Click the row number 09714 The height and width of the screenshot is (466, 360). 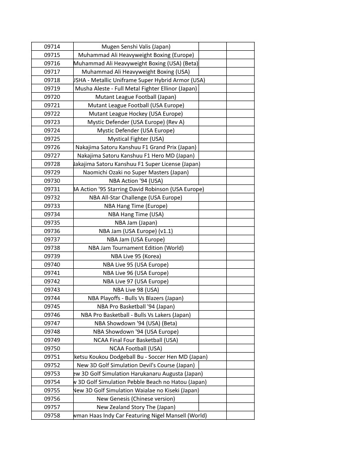(52, 46)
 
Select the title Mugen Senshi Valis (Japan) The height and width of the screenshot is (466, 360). (136, 46)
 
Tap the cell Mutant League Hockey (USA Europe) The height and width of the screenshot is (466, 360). (136, 113)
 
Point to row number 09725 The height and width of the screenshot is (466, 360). (52, 139)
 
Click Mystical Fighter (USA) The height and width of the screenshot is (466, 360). (136, 139)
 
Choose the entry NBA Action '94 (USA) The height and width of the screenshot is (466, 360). (136, 180)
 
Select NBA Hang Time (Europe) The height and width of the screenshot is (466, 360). (136, 206)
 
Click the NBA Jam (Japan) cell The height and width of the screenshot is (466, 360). (136, 222)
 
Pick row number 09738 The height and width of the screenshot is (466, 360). (52, 248)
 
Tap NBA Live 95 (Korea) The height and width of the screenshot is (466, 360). (136, 256)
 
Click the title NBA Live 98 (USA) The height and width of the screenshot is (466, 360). (136, 289)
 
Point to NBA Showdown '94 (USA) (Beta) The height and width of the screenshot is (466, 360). (136, 323)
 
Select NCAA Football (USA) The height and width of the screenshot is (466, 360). (136, 348)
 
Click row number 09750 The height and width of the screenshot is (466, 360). (52, 348)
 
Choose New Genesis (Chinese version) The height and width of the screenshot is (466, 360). (136, 398)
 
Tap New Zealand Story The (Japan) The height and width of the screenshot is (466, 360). (136, 407)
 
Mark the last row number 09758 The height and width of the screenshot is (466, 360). (52, 415)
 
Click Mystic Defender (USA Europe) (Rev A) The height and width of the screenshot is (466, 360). (136, 122)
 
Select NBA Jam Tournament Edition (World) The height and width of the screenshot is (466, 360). (136, 248)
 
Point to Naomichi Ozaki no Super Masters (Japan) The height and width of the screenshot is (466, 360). (136, 172)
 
